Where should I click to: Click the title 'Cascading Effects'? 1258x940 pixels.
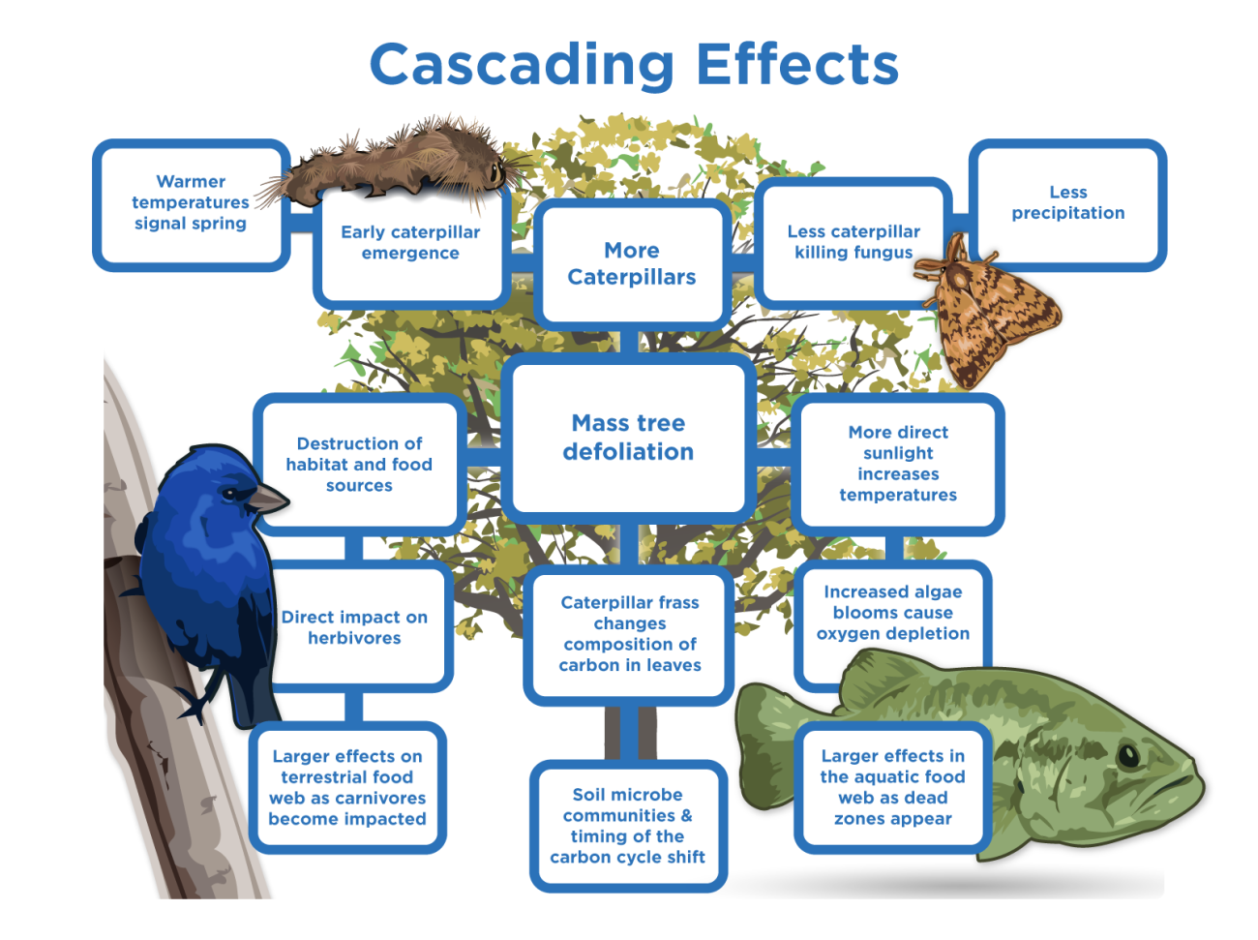click(634, 65)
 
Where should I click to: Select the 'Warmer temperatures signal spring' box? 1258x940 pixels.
click(191, 203)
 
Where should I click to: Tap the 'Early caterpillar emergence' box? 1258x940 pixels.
click(410, 243)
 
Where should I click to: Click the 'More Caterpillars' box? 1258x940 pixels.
click(632, 264)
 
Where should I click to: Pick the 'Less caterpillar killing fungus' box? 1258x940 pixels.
click(853, 242)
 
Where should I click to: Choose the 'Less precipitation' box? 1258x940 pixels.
click(1068, 203)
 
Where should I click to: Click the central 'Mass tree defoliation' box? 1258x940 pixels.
click(629, 438)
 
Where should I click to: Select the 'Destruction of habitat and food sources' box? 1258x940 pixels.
click(359, 465)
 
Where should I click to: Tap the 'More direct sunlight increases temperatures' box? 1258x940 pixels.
click(898, 464)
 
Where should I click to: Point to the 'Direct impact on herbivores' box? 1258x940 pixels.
click(355, 627)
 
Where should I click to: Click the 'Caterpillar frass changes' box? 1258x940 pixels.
click(630, 634)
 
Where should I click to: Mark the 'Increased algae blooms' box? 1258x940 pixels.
click(892, 613)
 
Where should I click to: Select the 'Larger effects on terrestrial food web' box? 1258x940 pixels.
click(347, 788)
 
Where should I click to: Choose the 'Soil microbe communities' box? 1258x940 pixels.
click(628, 826)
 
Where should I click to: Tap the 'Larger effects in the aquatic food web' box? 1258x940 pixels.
click(892, 788)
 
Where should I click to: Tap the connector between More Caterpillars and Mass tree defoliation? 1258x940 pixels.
click(630, 341)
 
